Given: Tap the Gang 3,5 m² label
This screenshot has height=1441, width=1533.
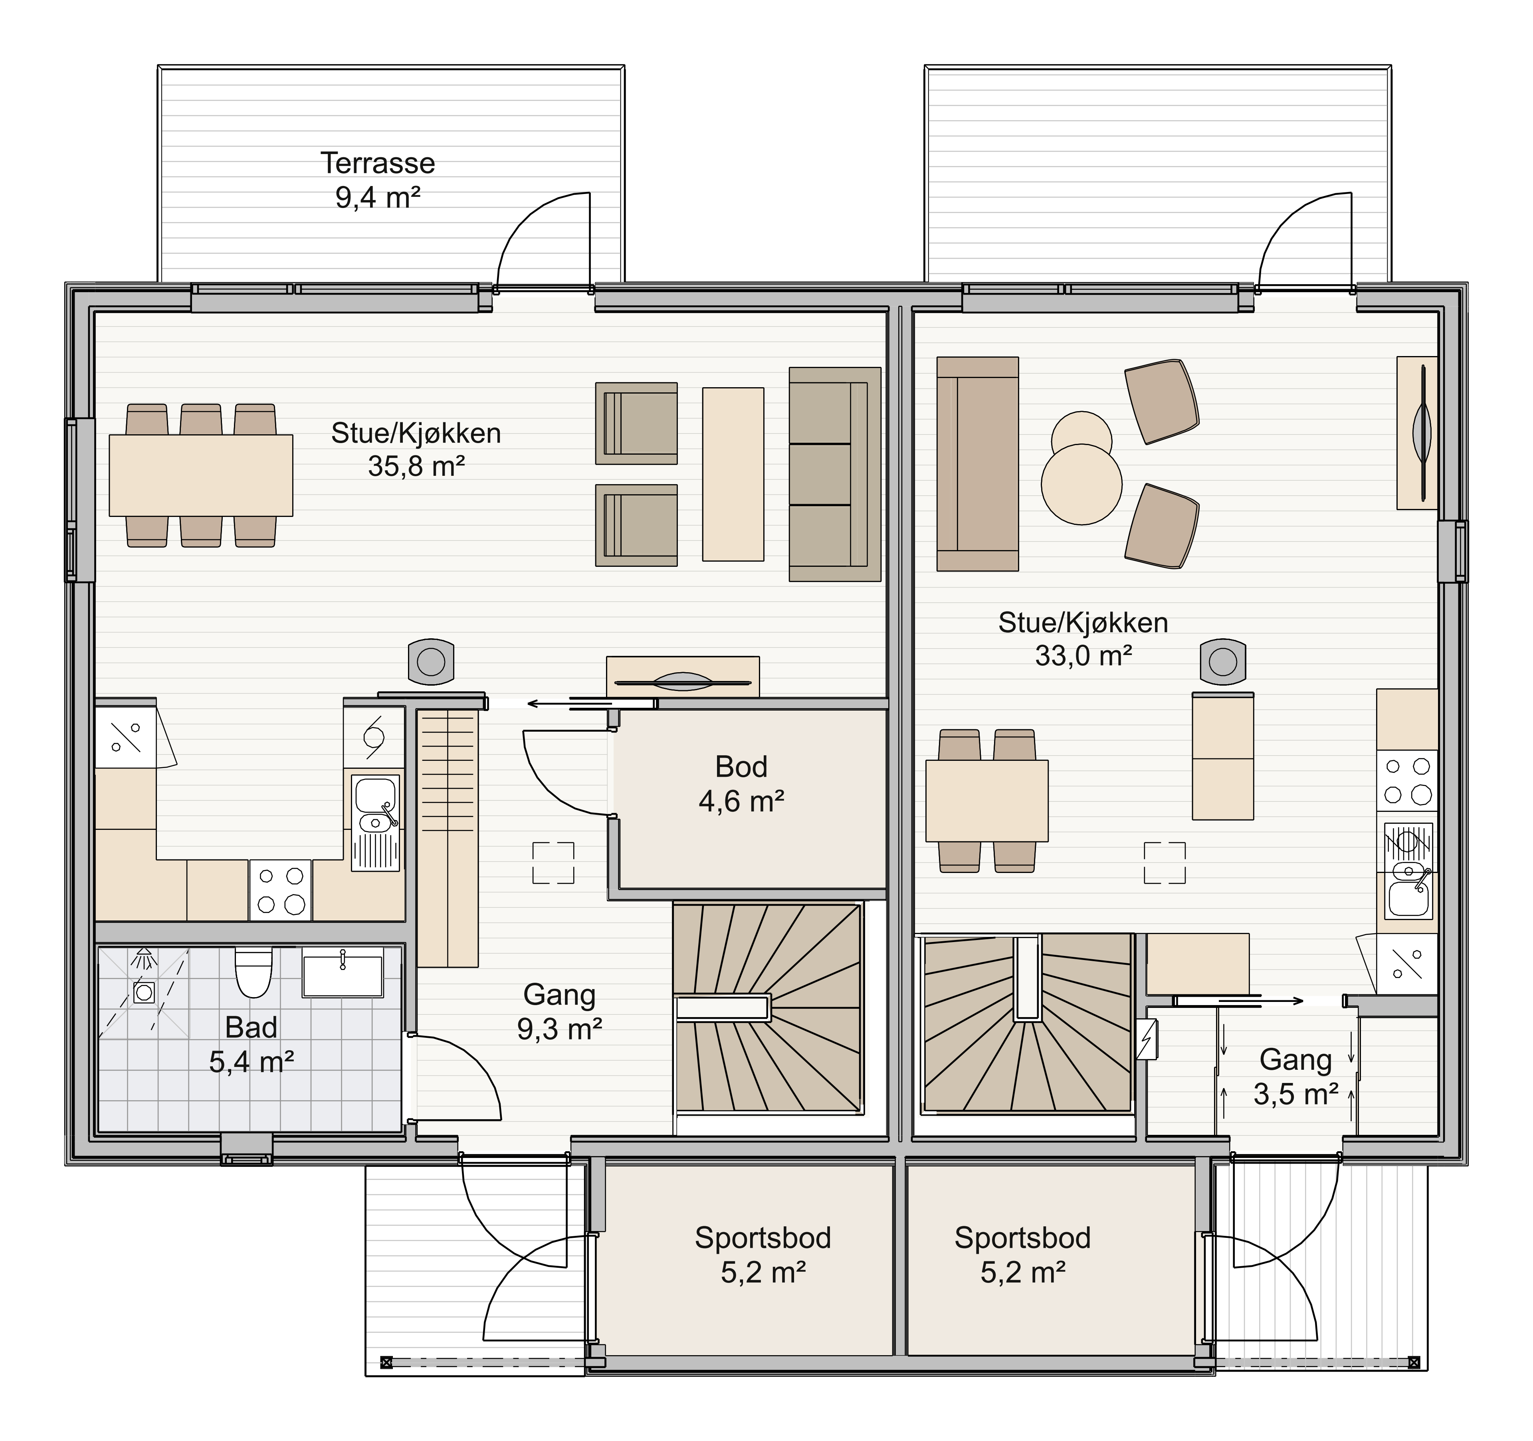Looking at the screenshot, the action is pyautogui.click(x=1295, y=1077).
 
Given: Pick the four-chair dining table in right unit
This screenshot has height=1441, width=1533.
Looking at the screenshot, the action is pyautogui.click(x=986, y=800).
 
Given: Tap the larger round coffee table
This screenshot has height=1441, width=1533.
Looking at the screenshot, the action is pyautogui.click(x=1081, y=484).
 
